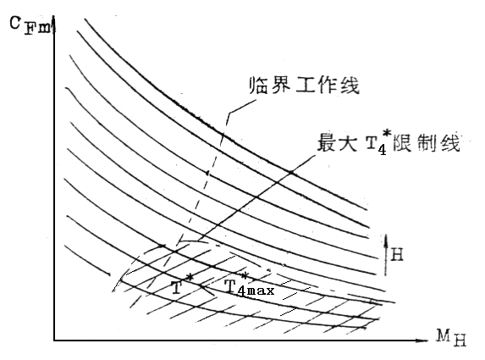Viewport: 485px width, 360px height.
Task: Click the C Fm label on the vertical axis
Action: click(x=29, y=25)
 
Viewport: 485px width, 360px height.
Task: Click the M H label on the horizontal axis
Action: click(x=451, y=337)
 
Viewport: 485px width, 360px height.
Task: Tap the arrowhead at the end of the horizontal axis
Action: click(x=425, y=341)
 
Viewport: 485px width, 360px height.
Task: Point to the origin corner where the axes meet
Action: click(x=54, y=341)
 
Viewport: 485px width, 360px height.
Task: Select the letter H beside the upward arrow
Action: click(x=397, y=255)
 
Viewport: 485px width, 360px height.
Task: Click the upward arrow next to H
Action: click(x=386, y=254)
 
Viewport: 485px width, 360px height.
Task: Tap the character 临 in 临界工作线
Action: click(x=258, y=85)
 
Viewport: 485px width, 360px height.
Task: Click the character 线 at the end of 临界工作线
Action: click(x=350, y=85)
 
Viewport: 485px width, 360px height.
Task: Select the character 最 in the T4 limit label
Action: click(x=328, y=142)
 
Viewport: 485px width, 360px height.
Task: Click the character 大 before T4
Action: click(x=347, y=142)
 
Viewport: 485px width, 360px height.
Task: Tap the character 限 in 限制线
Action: click(x=402, y=142)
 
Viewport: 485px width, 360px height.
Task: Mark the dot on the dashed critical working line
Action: click(x=208, y=173)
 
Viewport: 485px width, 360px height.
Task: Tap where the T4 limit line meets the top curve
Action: click(x=291, y=172)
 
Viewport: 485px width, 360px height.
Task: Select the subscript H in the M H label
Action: click(x=460, y=341)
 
